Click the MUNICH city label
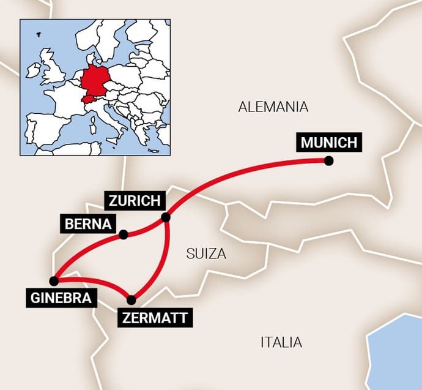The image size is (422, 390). (x=329, y=143)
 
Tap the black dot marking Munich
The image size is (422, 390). (x=329, y=161)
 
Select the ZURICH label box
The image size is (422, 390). (x=135, y=200)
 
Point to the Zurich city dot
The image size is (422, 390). (x=165, y=217)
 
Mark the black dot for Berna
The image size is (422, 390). (x=124, y=234)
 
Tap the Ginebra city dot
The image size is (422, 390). (x=54, y=281)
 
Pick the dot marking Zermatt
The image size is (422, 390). (x=131, y=299)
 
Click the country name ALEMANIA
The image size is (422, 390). (x=273, y=107)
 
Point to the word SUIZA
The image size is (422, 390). (x=206, y=253)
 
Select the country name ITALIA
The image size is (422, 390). (x=281, y=342)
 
